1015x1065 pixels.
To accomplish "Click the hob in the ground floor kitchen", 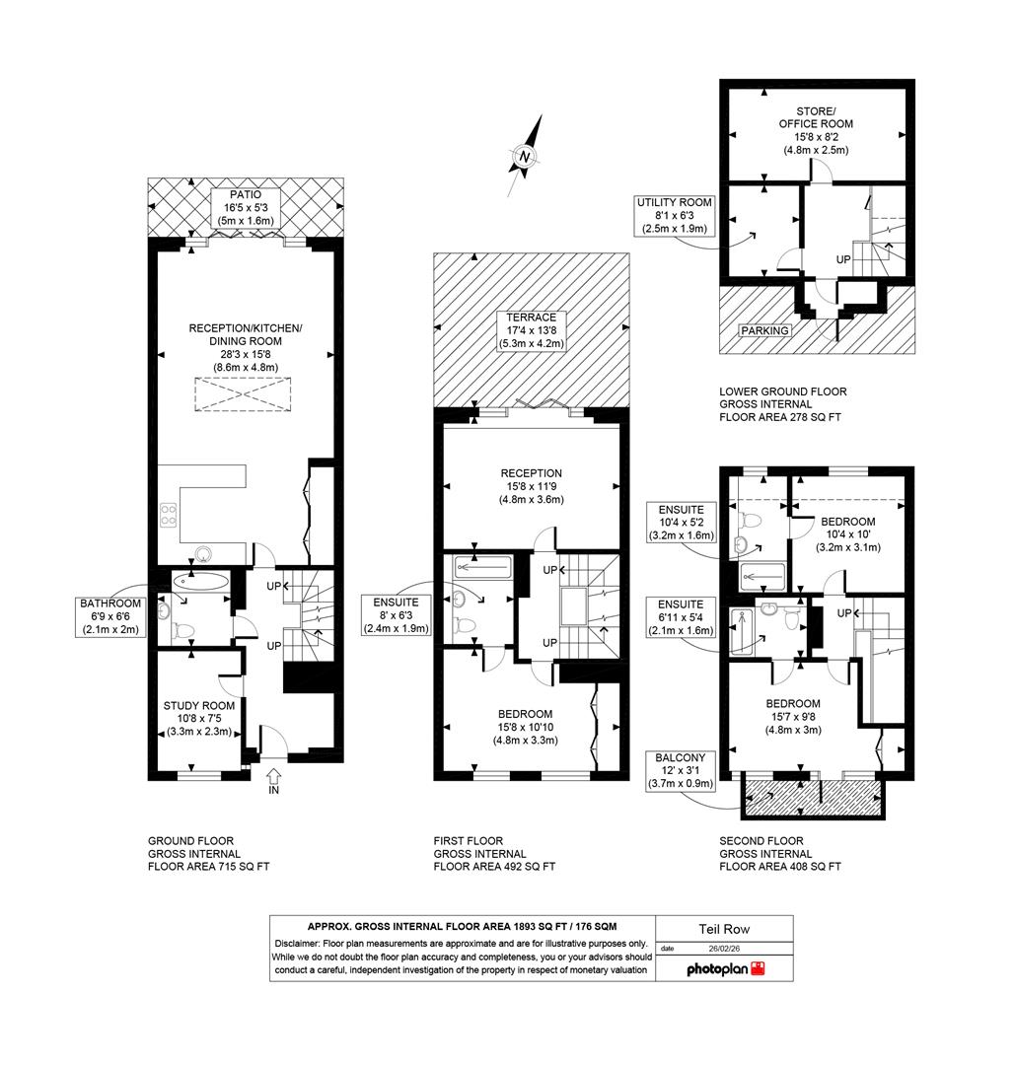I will click(x=169, y=514).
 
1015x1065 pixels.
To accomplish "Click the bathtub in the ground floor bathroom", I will click(x=199, y=582).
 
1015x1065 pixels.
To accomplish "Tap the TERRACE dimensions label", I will click(x=533, y=330).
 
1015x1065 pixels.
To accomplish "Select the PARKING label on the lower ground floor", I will click(x=765, y=330).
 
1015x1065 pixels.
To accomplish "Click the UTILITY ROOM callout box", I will click(x=674, y=215).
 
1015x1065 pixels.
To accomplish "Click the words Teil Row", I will click(x=725, y=929).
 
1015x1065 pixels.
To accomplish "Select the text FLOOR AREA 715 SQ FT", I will click(x=208, y=867).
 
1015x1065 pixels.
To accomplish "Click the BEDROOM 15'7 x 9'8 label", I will click(x=793, y=717).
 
